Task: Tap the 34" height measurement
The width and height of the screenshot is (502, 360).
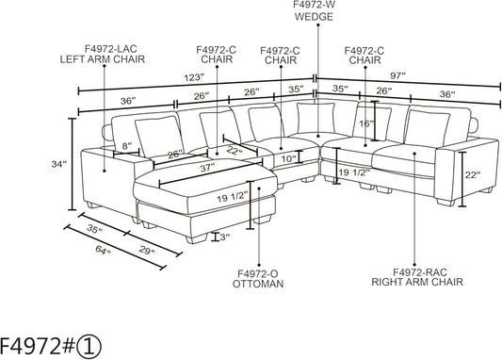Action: [x=59, y=164]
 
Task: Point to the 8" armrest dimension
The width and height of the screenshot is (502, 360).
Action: [x=128, y=145]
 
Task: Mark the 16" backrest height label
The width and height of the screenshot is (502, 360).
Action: [x=364, y=123]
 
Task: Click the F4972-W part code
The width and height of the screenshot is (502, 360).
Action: [x=311, y=5]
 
